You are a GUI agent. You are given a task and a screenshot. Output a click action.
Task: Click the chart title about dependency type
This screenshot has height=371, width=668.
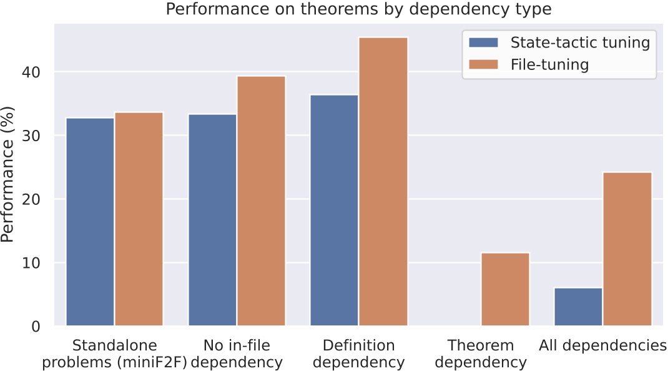coord(358,9)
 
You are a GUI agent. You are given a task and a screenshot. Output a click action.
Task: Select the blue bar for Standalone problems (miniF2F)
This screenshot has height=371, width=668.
coord(90,222)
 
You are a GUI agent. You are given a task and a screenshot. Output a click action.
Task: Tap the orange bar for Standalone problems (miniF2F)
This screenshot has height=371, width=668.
coord(139,219)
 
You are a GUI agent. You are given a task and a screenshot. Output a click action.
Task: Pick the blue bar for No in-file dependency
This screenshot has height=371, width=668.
coord(212,220)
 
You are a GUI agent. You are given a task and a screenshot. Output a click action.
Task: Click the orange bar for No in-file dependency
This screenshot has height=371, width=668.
coord(261,200)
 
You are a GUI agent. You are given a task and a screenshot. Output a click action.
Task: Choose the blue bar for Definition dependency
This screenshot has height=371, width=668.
coord(334,210)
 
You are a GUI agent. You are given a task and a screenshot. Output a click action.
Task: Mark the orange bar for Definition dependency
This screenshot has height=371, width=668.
coord(383,181)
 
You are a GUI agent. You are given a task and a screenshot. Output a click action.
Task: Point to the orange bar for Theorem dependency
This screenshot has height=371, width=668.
coord(505,289)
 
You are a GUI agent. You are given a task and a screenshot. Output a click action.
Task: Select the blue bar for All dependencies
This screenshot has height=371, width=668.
coord(578,307)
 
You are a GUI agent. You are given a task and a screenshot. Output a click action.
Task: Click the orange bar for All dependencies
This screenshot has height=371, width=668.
coord(627,249)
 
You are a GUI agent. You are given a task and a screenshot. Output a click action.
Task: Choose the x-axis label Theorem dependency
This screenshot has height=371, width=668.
coord(481,354)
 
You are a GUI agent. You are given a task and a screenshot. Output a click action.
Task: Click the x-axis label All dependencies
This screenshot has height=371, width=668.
coord(603,345)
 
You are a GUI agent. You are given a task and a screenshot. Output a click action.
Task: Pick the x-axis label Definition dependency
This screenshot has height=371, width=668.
coord(359,354)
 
